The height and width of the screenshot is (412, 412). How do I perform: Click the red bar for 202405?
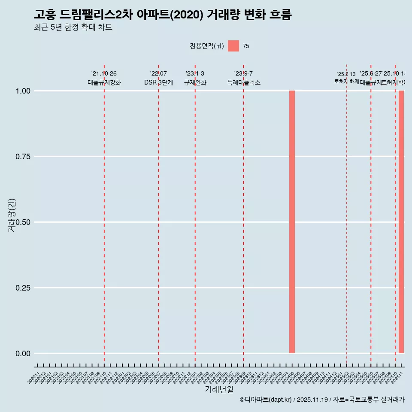click(292, 222)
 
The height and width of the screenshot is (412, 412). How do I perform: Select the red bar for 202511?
click(401, 222)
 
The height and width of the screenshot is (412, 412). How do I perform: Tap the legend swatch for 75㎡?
click(233, 46)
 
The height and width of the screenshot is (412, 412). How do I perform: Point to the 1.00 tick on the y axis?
click(23, 91)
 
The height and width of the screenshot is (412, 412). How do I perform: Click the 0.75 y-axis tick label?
click(23, 157)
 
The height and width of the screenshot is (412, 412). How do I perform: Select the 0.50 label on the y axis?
click(23, 222)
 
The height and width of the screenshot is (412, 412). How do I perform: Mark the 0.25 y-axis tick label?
click(23, 288)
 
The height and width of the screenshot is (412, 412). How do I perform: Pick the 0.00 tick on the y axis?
click(23, 354)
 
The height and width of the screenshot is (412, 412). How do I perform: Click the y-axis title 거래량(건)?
click(12, 215)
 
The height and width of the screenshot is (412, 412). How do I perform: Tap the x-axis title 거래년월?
click(219, 390)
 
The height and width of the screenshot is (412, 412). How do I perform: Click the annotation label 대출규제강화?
click(104, 82)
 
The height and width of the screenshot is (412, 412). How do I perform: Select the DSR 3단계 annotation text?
click(158, 82)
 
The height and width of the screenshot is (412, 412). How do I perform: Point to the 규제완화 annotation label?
click(195, 82)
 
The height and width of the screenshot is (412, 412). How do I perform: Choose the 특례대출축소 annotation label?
click(244, 82)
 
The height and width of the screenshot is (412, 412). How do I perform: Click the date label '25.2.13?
click(346, 74)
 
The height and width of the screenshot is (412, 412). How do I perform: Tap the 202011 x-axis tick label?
click(33, 378)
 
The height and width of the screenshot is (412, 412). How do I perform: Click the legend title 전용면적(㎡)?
click(207, 46)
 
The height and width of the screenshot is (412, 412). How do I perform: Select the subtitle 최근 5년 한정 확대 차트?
click(73, 27)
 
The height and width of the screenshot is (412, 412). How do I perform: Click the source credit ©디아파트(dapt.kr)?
click(266, 400)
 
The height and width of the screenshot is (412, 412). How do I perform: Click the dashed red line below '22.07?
click(159, 215)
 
